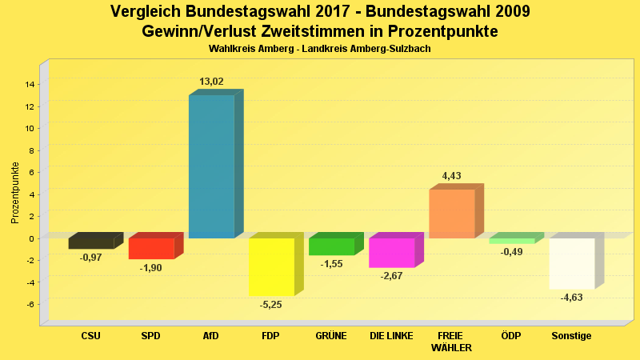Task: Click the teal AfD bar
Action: point(211,166)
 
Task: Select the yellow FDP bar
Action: point(271,266)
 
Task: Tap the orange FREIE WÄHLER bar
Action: point(452,214)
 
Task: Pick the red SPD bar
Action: point(151,248)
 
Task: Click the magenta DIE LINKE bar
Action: point(391,252)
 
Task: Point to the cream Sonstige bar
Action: point(571,263)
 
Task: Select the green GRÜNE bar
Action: point(331,246)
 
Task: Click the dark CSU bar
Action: point(91,243)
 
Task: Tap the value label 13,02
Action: point(211,82)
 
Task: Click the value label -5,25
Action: point(271,305)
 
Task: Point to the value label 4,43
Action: point(451,176)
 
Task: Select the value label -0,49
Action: point(511,252)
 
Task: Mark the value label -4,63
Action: point(571,298)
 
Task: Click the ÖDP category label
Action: point(511,336)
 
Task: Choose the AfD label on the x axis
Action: point(211,336)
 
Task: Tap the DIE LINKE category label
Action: point(391,336)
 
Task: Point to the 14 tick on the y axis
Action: point(30,84)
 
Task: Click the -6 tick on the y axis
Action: point(30,304)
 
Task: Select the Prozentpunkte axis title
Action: point(14,192)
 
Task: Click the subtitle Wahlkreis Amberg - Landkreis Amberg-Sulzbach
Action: point(320,50)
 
